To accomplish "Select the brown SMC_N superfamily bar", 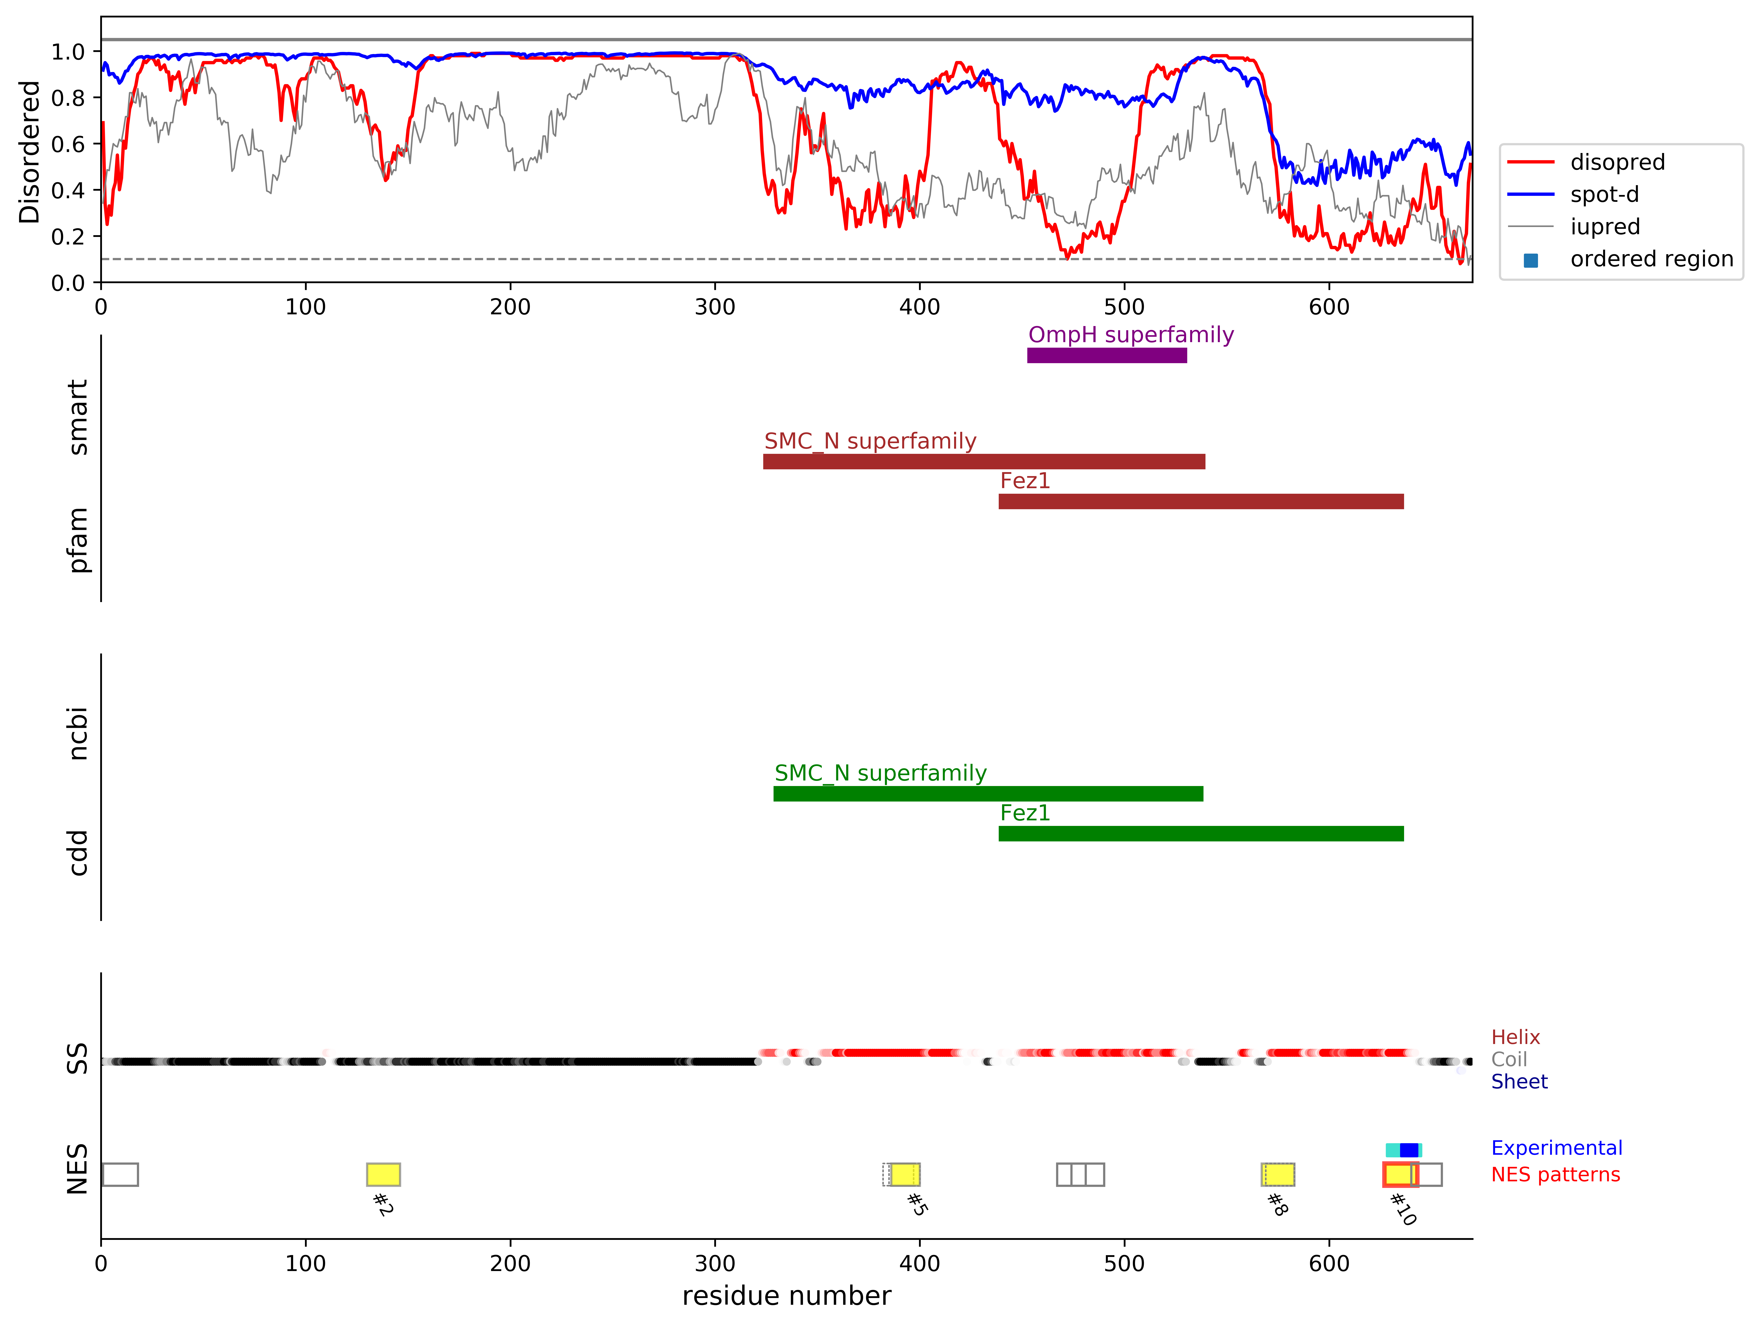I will (984, 461).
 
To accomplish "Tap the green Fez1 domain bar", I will (1201, 834).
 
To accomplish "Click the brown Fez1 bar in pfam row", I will (1201, 501).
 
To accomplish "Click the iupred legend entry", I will (1605, 227).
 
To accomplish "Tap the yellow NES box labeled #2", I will (383, 1174).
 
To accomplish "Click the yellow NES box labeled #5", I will (905, 1174).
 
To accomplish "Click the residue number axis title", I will (786, 1297).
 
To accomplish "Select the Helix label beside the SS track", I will (1516, 1037).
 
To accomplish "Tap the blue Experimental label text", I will (1556, 1148).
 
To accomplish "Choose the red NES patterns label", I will (1555, 1175).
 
